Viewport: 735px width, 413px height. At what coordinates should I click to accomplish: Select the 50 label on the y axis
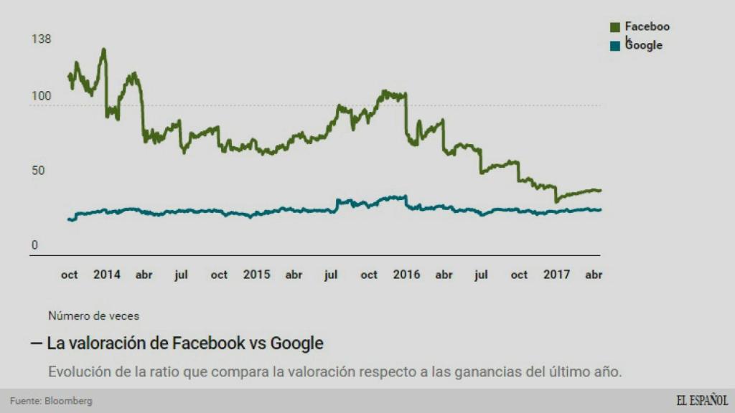coord(38,171)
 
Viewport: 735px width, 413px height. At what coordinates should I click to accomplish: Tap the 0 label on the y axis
coord(34,245)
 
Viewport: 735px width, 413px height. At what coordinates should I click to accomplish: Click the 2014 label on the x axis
coord(107,275)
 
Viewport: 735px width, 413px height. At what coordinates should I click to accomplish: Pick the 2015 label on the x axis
coord(256,275)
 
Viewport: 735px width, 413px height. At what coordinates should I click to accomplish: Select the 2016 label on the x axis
coord(406,275)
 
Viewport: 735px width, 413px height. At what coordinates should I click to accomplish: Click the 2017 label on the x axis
coord(557,275)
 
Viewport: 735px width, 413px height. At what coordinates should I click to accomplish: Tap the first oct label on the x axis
coord(69,275)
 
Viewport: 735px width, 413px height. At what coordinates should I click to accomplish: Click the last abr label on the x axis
coord(594,275)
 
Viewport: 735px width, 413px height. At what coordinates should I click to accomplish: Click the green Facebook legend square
coord(615,27)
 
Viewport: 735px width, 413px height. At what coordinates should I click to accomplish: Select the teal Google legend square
coord(615,46)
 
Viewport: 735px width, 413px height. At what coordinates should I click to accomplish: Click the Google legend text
coord(644,45)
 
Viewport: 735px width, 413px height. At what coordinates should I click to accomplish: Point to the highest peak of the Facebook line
coord(104,49)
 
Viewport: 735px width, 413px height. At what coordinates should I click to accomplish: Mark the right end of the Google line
coord(600,209)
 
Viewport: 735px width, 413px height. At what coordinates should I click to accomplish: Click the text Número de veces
coord(93,315)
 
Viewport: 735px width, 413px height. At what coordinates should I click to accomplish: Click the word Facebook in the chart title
coord(208,343)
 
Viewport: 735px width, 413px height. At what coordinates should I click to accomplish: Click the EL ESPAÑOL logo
coord(701,400)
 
